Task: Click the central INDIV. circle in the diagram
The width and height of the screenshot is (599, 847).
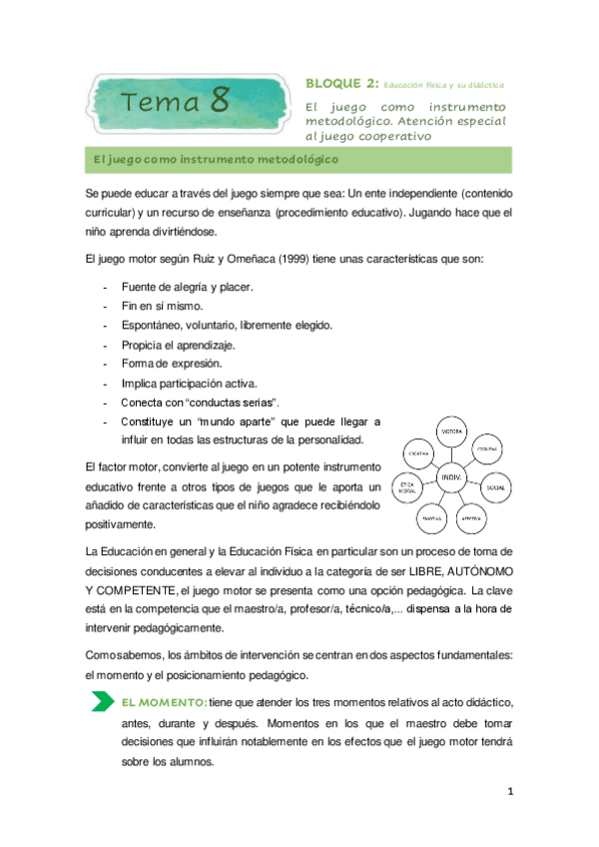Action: [450, 478]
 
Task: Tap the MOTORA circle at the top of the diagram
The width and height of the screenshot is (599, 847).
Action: [450, 431]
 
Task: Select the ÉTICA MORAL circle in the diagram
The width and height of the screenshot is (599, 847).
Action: [407, 490]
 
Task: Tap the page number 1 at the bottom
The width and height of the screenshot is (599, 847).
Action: [509, 792]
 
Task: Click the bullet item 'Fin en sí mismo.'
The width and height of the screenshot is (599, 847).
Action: [162, 306]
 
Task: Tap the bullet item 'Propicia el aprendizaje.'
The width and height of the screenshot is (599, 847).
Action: [178, 345]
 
